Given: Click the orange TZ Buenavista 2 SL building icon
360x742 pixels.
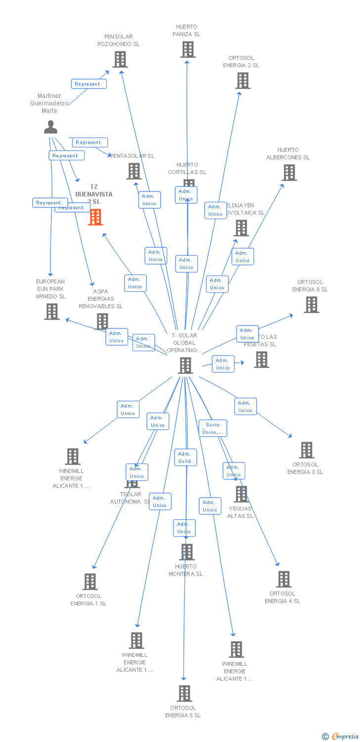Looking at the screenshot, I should point(95,217).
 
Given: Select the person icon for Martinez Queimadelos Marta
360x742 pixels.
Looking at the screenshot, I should point(50,127).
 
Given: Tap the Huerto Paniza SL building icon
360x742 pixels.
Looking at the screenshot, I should point(187,49).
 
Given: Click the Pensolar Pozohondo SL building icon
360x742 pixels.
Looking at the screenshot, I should point(120,59).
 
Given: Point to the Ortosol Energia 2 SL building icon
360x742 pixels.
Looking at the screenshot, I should point(242,81).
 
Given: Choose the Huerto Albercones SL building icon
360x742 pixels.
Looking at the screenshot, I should point(289,173).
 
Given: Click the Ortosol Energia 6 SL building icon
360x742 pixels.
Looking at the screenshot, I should point(311,305).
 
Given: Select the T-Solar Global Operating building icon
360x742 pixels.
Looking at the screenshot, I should point(185,365).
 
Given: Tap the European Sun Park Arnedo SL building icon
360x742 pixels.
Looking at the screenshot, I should point(51,312).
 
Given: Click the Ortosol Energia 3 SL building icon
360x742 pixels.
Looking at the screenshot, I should point(307,450).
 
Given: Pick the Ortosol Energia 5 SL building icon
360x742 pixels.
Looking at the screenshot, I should point(184,694).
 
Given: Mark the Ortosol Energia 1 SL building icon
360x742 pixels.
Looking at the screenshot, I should point(90,582).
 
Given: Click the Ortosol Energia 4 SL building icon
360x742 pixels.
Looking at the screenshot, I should point(283,579).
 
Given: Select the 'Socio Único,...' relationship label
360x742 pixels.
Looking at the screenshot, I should point(213,428).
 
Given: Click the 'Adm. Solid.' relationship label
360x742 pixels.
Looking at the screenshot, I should point(185,458).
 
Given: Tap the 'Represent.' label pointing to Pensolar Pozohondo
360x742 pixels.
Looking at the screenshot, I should point(89,84).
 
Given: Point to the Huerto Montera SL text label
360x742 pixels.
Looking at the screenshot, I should point(185,570).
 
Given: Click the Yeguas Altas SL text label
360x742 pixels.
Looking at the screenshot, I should point(240,512).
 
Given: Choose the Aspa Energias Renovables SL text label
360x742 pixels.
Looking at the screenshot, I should point(100,299).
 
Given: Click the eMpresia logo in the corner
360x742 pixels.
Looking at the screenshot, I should point(340,737).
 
